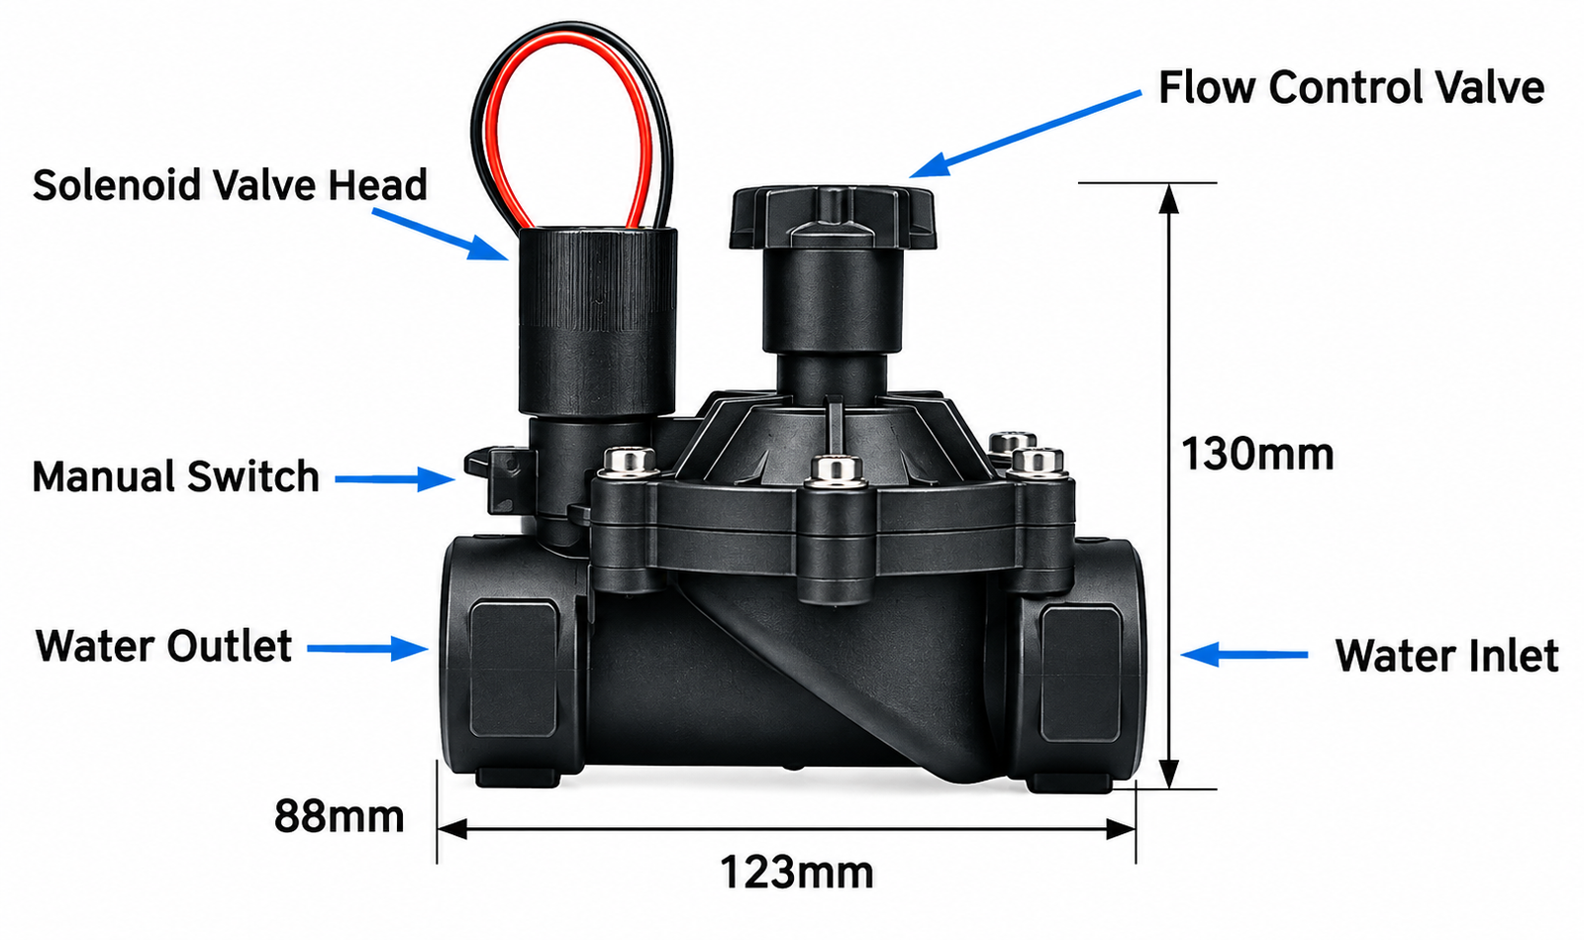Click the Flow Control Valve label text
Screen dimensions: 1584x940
[x=1350, y=88]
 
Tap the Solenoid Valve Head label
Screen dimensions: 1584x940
[x=230, y=184]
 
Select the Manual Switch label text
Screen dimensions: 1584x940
[x=175, y=476]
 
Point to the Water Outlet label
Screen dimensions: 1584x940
[x=163, y=646]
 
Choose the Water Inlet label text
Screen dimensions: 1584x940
[x=1446, y=656]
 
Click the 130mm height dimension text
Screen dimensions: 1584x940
[x=1257, y=454]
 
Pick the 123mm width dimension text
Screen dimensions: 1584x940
[x=797, y=872]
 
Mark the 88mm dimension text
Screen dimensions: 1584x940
[x=339, y=816]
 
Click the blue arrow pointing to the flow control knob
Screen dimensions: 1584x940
[x=1025, y=134]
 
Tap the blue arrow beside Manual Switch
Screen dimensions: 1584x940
[x=395, y=478]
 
